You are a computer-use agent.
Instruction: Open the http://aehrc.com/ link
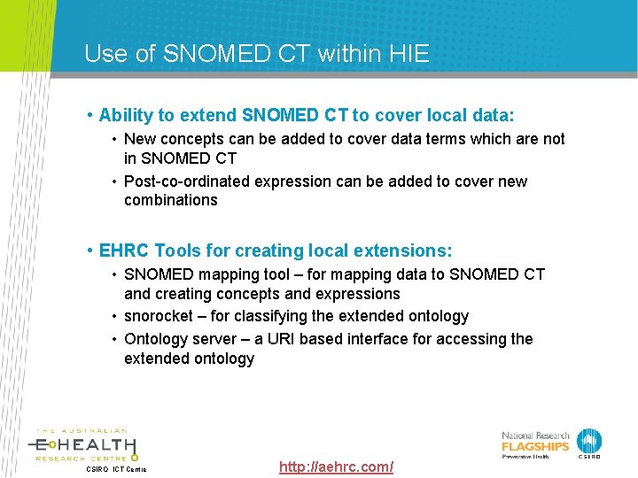tap(336, 466)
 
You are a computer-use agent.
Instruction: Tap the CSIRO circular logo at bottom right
tap(588, 442)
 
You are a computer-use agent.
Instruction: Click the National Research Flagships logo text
tap(536, 442)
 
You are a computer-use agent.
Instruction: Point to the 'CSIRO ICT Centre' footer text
tap(115, 469)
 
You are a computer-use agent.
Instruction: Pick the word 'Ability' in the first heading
tap(126, 115)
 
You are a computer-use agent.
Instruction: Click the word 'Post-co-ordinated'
tap(187, 181)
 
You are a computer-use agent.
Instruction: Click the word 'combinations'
tap(171, 200)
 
